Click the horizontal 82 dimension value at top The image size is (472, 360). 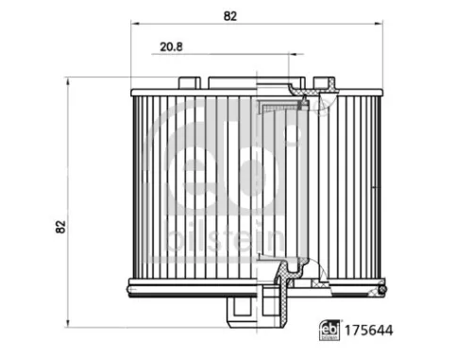pos(230,16)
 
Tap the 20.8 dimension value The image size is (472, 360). pos(171,47)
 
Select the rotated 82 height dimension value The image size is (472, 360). pos(60,227)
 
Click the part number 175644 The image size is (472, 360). pos(369,331)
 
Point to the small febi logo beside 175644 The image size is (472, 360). pos(329,330)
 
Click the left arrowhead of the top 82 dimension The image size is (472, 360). pos(135,24)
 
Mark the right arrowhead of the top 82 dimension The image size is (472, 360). pos(379,24)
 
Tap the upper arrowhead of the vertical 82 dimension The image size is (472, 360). pos(68,81)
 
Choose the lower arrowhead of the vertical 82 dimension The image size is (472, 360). pos(68,323)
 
